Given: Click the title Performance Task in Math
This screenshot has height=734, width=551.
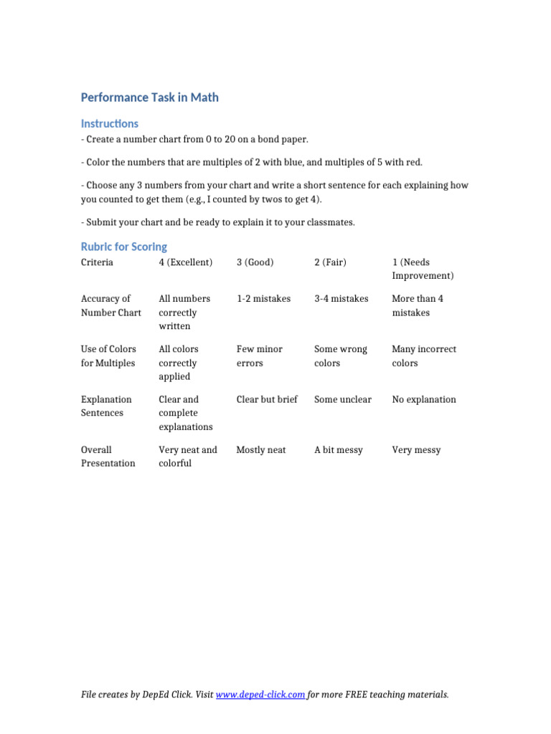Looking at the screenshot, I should (x=149, y=97).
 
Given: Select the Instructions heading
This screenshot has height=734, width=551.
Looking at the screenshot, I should (x=110, y=123).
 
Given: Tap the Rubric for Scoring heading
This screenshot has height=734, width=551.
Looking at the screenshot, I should (x=123, y=247).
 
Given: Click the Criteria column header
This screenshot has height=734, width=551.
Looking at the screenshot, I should (x=97, y=262).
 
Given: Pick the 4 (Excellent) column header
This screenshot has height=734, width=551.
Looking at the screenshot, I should (x=186, y=262).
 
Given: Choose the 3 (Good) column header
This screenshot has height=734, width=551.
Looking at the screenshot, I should (x=255, y=262).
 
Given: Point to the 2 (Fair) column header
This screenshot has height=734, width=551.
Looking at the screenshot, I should (x=330, y=262).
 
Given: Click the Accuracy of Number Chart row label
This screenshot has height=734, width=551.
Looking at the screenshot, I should (x=110, y=305).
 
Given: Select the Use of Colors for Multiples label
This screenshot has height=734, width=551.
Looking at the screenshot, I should (x=108, y=356).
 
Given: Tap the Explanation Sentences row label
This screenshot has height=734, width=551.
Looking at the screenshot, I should (x=106, y=406).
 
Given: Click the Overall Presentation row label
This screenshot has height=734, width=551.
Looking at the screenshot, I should (x=108, y=457).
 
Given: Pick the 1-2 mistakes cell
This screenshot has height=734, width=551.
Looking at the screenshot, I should (x=263, y=299).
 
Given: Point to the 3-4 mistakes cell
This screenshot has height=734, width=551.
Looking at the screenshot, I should (x=341, y=299).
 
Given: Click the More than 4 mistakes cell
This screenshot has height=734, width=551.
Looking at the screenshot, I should (x=418, y=305).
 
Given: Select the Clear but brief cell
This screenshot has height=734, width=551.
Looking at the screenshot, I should (x=267, y=399).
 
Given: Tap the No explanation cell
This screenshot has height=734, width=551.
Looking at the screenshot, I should (x=423, y=399).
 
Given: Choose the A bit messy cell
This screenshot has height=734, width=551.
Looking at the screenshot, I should (x=339, y=450).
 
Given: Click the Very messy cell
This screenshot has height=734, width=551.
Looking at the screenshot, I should (x=416, y=450).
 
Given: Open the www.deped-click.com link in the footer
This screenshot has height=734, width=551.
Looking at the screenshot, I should (x=261, y=695).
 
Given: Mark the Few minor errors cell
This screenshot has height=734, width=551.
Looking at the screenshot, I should (x=260, y=356).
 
